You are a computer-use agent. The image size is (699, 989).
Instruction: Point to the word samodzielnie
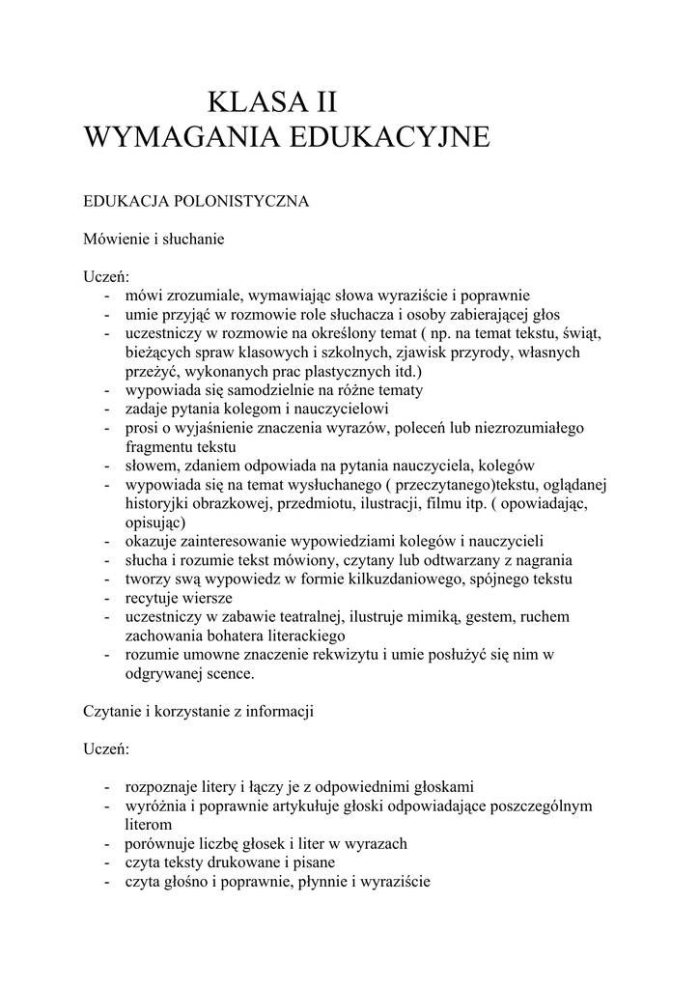point(246,390)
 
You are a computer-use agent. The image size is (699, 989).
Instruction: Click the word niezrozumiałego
point(529,428)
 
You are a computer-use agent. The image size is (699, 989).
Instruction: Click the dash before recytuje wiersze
point(104,598)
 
